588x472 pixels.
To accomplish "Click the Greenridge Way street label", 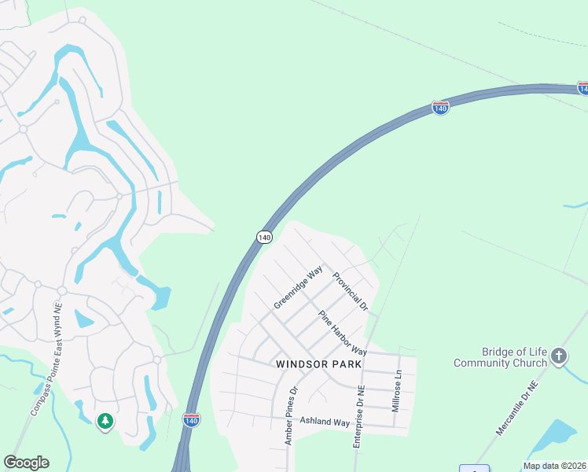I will (299, 287).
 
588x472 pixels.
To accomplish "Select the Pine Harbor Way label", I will (343, 333).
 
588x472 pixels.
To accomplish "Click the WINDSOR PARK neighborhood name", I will (319, 364).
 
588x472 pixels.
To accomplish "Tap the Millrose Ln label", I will (397, 390).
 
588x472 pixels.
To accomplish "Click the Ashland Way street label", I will (325, 422).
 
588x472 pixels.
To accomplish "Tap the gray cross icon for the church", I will (559, 356).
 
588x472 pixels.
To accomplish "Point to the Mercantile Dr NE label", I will (516, 409).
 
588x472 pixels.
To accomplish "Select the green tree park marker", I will (105, 422).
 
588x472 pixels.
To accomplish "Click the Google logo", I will (26, 463).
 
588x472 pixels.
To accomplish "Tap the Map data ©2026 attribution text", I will (554, 466).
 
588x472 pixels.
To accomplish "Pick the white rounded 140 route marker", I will (264, 236).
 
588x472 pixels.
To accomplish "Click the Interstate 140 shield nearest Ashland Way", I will (191, 419).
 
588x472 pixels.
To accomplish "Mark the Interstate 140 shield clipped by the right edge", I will (582, 88).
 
